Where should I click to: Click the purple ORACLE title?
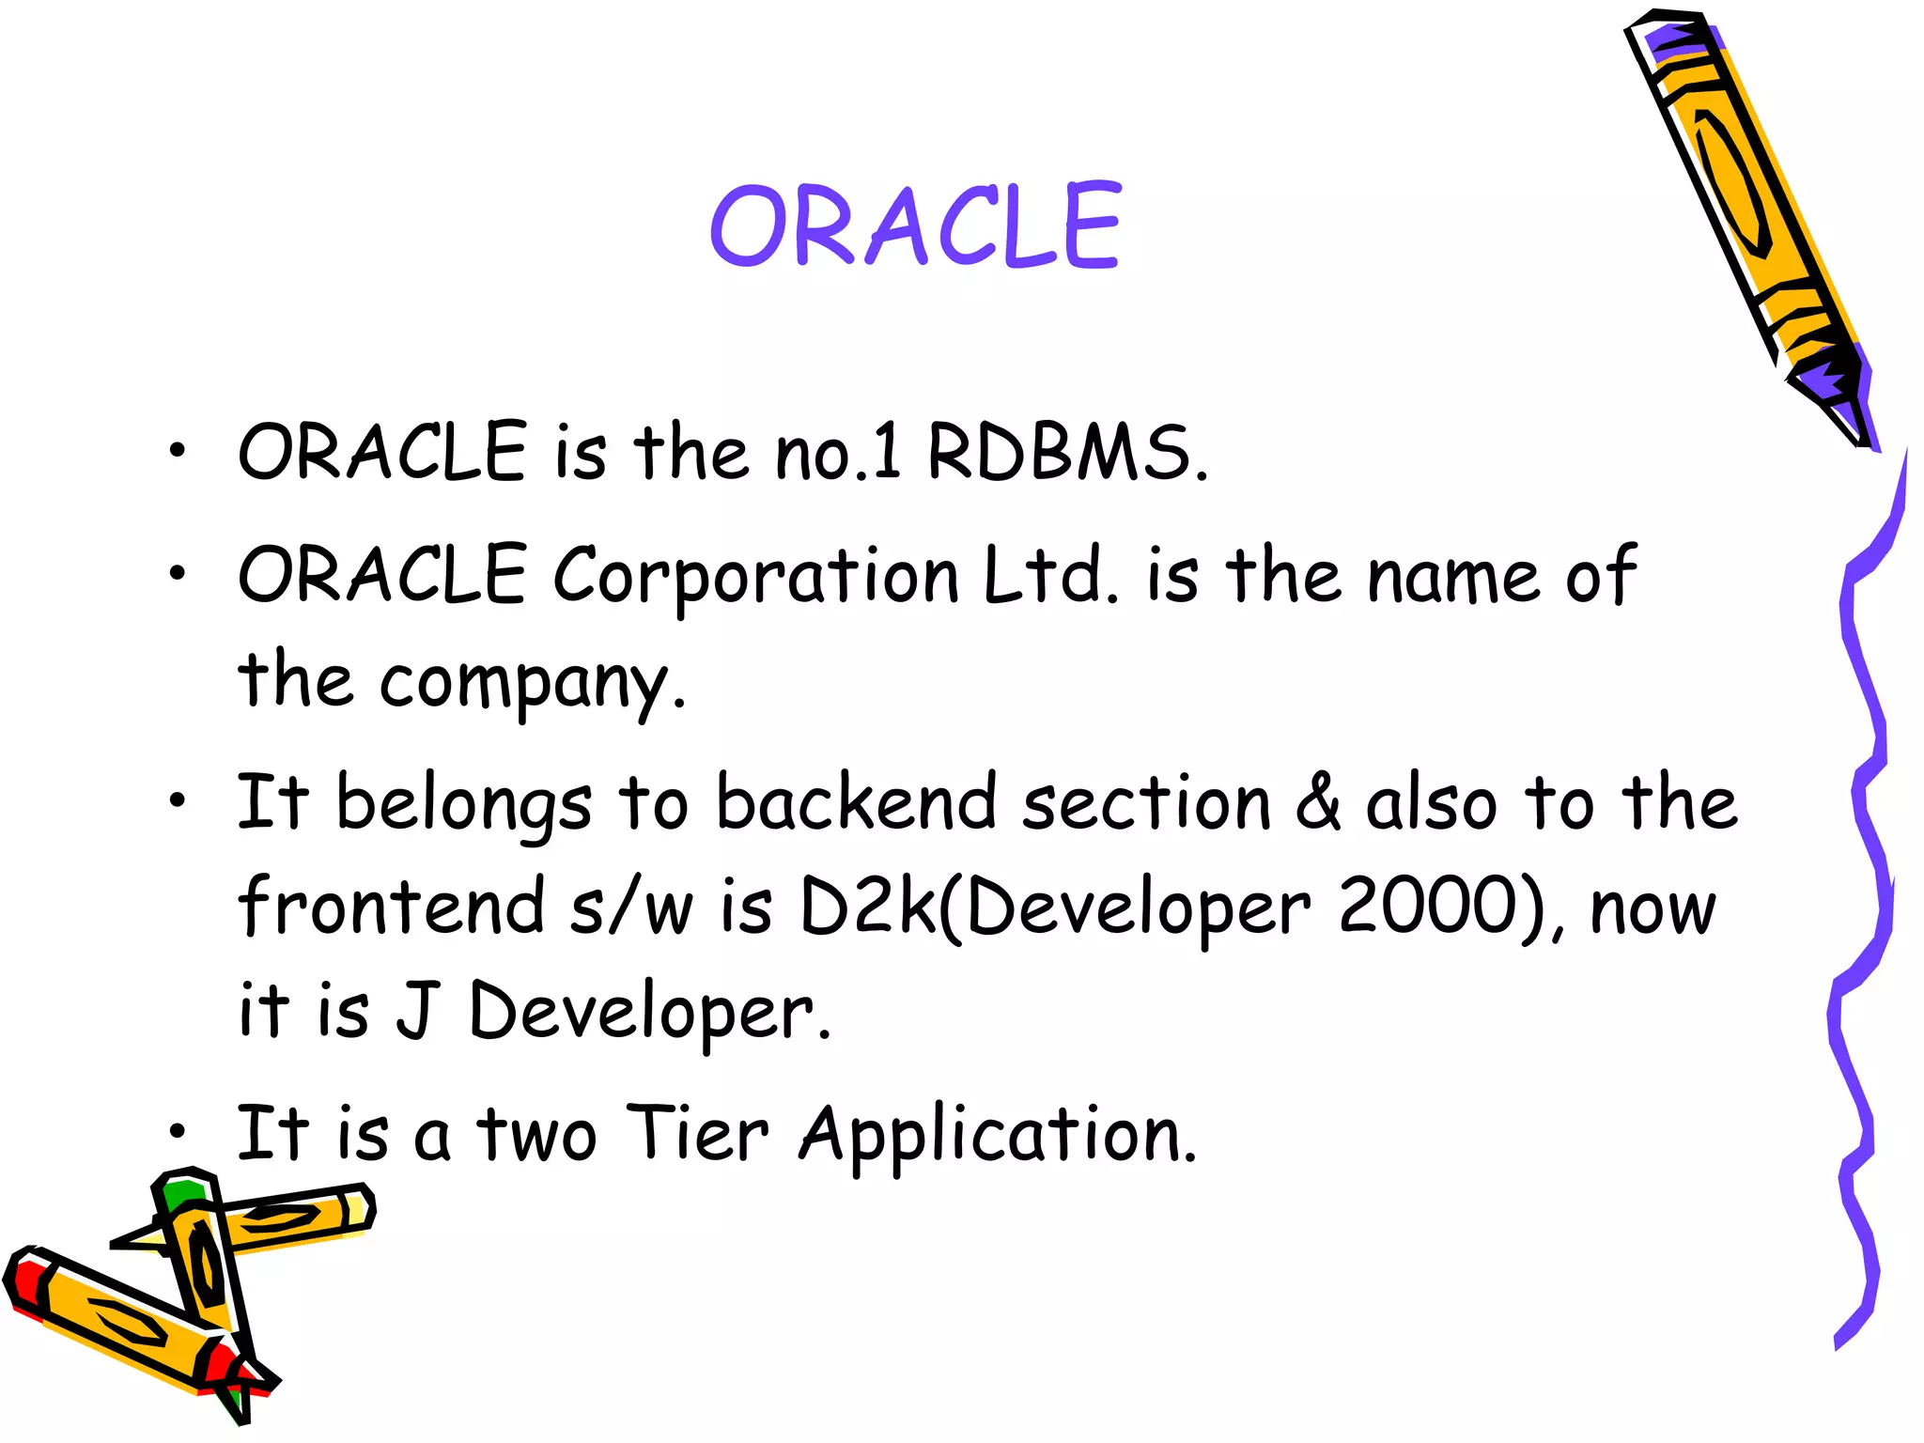coord(916,225)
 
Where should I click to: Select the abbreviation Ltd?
coord(1050,574)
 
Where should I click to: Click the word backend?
coord(855,803)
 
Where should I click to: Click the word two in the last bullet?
coord(536,1135)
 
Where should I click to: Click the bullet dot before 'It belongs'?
coord(178,801)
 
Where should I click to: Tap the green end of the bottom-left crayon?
coord(181,1194)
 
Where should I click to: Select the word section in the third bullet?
coord(1146,803)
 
